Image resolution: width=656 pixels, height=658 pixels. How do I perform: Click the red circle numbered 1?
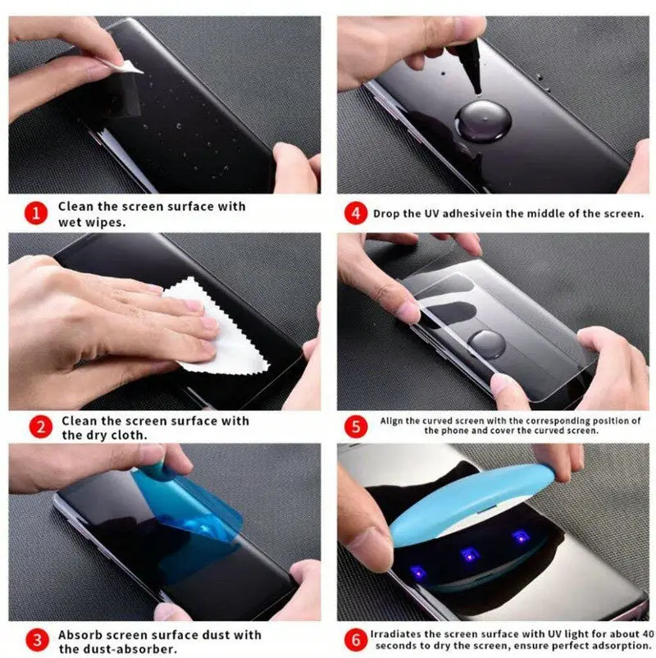36,213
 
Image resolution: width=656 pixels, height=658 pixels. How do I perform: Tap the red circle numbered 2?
41,427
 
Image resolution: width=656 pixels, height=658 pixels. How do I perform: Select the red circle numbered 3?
37,640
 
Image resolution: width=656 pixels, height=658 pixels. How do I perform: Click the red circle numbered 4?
356,213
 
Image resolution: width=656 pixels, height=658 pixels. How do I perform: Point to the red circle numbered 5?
356,427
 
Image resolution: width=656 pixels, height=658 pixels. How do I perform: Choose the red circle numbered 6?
356,640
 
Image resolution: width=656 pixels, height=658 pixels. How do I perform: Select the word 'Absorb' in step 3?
79,635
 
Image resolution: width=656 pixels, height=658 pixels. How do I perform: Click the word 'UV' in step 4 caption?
430,213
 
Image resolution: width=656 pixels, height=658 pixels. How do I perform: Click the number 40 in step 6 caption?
648,633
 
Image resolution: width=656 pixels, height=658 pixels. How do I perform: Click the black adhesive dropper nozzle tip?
476,89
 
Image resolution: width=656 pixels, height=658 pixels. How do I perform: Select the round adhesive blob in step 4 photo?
483,120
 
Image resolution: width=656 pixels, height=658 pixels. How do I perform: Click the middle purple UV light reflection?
470,555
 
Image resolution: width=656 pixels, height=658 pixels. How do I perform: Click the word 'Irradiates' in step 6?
394,633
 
